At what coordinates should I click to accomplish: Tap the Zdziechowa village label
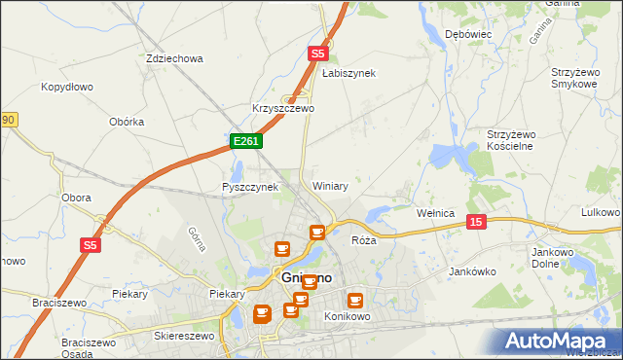pos(174,58)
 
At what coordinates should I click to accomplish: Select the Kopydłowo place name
pos(67,87)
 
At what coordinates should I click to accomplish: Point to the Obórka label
pos(128,122)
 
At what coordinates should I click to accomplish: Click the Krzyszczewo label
pos(283,108)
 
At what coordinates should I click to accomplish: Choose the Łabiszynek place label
pos(348,73)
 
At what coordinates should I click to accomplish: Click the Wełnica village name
pos(435,212)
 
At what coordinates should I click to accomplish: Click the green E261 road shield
pos(245,142)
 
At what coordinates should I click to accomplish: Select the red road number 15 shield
pos(475,222)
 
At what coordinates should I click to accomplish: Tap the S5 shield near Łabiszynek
pos(317,55)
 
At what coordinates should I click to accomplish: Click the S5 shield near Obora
pos(91,245)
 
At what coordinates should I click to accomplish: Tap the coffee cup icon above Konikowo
pos(354,301)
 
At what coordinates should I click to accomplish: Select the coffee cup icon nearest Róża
pos(317,232)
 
